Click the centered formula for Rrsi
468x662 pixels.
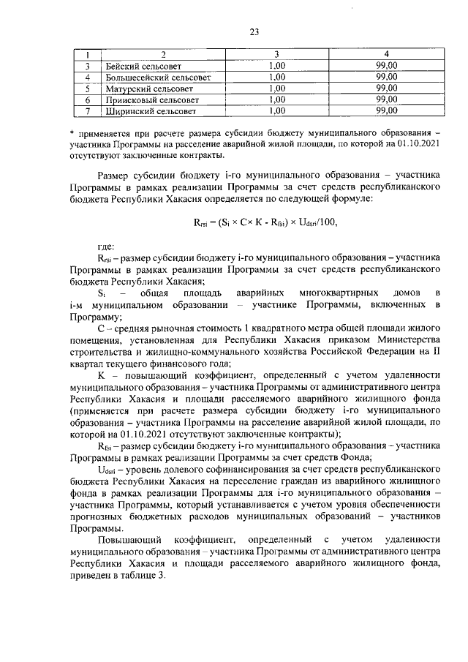point(265,222)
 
